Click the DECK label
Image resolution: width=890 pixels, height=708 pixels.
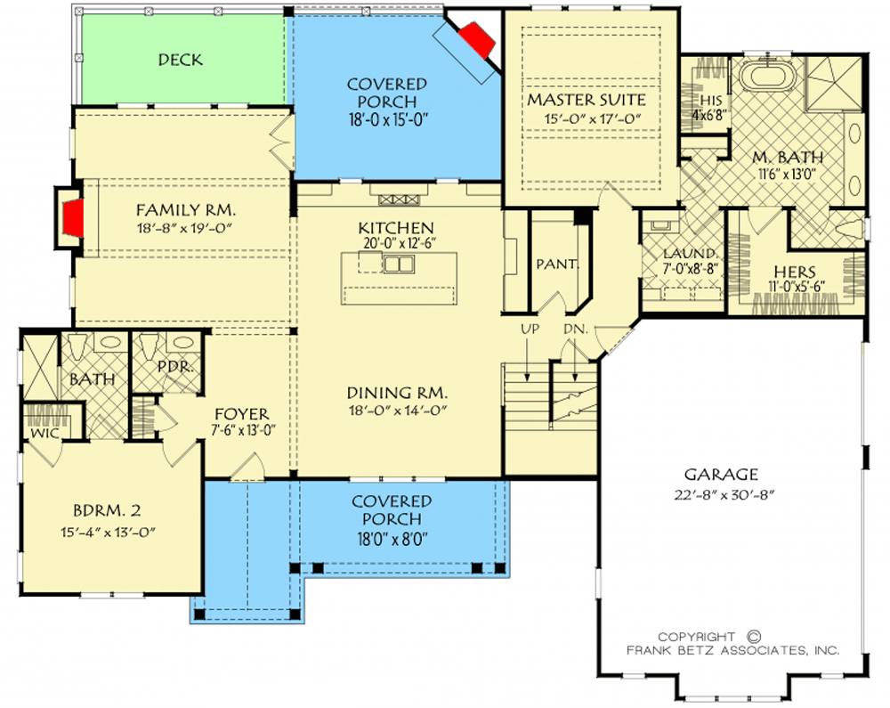point(180,60)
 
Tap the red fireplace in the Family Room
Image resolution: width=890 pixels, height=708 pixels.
point(73,218)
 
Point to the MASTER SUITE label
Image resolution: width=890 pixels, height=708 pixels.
point(587,100)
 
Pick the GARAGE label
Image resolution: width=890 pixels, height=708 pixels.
point(721,474)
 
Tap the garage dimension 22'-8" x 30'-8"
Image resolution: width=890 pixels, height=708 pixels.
point(724,495)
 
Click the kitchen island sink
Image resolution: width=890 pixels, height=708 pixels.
point(399,264)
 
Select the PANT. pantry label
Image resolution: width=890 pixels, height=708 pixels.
point(557,264)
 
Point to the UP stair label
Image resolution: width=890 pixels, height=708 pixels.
point(530,329)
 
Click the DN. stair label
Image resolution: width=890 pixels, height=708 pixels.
point(575,329)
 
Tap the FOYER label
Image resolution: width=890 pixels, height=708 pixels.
point(242,414)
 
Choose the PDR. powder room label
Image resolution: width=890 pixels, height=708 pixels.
point(175,367)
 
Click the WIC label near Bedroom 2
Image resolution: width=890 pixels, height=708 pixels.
point(44,433)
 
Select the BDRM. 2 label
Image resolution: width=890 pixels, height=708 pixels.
point(107,510)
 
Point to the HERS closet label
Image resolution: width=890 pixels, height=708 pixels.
point(795,272)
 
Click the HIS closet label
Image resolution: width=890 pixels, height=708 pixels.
point(710,101)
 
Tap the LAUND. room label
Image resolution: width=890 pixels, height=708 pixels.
point(691,253)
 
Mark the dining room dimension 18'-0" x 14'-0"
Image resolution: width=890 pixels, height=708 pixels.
point(397,410)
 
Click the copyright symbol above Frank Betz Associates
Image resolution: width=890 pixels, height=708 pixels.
point(755,637)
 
